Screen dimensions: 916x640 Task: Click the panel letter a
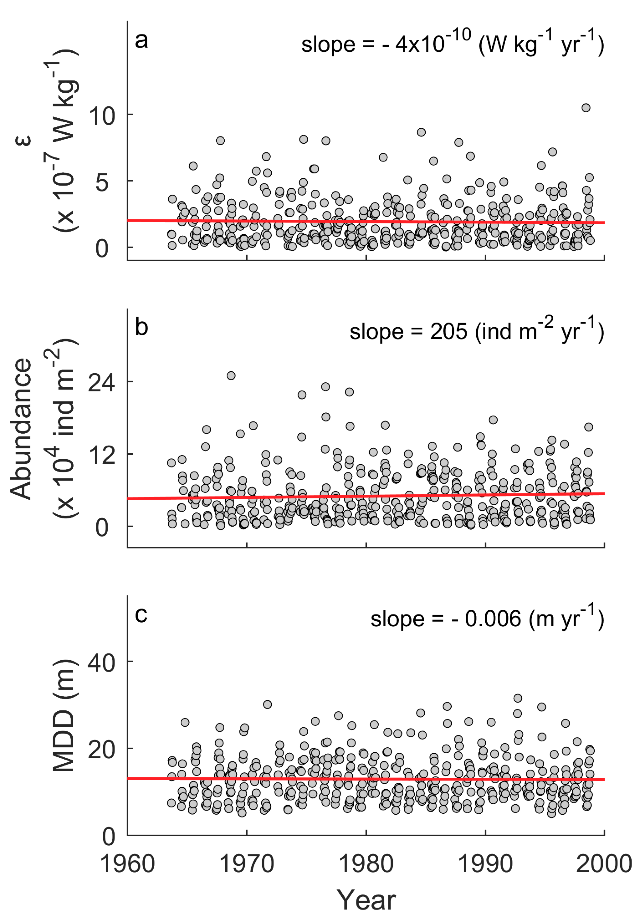(141, 40)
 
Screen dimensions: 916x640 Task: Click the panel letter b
(141, 327)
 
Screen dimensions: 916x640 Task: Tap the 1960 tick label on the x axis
(127, 864)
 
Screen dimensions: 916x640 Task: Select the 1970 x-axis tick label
(247, 864)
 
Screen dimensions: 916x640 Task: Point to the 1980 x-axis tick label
(366, 864)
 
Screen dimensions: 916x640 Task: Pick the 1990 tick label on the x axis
(485, 864)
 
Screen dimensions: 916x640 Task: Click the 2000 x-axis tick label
(604, 864)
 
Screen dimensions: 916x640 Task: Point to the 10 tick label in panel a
(102, 116)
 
